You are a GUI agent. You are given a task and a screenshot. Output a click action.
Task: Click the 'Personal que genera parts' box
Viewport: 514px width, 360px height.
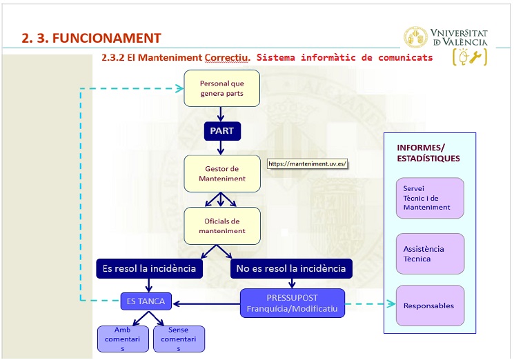(x=221, y=88)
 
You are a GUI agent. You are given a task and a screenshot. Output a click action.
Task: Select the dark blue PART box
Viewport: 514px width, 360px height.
(x=221, y=130)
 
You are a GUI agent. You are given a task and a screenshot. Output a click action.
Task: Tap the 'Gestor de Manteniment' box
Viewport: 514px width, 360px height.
(x=221, y=173)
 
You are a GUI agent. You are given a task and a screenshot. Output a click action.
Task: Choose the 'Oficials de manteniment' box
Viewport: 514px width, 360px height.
(x=221, y=226)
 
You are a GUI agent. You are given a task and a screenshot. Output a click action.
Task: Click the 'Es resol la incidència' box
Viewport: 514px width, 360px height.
(x=149, y=268)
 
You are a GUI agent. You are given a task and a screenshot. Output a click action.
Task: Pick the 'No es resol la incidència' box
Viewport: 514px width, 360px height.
(x=290, y=268)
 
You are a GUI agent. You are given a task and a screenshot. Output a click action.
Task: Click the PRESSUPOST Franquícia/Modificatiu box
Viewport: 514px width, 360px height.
(x=292, y=303)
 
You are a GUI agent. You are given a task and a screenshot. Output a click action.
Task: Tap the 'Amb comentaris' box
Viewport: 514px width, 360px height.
(x=123, y=339)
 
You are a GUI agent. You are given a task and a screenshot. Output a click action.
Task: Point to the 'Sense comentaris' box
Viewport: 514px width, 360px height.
(x=179, y=339)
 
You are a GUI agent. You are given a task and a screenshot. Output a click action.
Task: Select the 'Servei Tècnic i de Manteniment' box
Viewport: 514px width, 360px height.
(x=429, y=198)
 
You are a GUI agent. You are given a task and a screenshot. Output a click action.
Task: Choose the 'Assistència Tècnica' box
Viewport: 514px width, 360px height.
(x=429, y=254)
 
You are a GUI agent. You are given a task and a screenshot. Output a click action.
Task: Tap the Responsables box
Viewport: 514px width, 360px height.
(x=429, y=306)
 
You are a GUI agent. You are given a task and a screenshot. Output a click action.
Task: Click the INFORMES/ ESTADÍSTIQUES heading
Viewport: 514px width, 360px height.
(x=428, y=153)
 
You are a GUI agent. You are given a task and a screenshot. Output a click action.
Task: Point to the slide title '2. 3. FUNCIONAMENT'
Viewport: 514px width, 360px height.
(x=91, y=38)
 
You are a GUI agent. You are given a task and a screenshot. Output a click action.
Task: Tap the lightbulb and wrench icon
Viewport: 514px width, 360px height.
(x=469, y=57)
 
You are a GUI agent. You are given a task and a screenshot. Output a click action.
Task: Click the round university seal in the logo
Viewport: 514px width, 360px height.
(x=415, y=37)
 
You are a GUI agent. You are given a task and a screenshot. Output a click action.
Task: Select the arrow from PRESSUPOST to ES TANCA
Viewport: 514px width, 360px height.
(x=206, y=303)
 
